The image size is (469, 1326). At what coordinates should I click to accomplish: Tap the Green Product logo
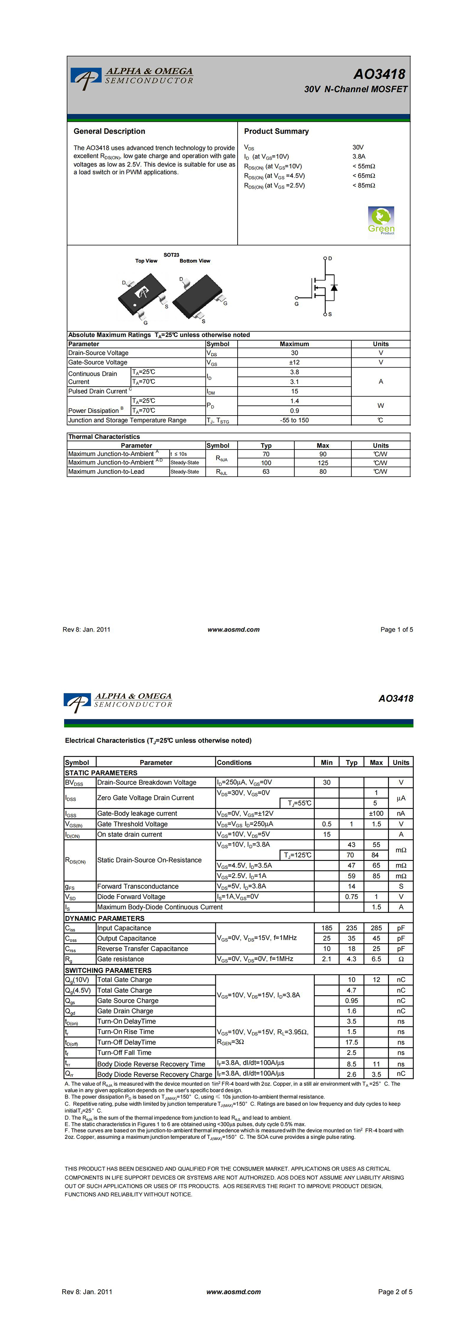(381, 220)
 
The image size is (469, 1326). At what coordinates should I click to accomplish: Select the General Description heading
(109, 131)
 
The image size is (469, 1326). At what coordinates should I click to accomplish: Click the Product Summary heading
(276, 131)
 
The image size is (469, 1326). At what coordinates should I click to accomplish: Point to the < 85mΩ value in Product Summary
(363, 185)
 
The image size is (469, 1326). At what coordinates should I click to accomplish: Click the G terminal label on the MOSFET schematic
(297, 304)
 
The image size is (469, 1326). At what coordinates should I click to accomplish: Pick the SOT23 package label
(172, 255)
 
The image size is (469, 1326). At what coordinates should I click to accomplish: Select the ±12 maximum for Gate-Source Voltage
(294, 362)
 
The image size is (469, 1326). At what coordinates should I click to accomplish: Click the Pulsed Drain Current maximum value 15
(294, 391)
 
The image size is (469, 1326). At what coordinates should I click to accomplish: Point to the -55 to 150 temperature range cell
(294, 420)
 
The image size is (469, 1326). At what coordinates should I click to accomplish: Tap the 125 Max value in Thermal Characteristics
(323, 463)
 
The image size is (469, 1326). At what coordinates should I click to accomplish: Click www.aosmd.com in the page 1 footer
(233, 629)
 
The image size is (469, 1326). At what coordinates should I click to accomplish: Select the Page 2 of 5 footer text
(395, 1292)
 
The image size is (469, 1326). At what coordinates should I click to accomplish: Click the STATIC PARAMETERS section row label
(101, 773)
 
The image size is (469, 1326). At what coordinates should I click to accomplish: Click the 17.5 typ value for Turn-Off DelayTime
(352, 1042)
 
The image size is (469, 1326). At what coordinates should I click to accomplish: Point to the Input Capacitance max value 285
(376, 928)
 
